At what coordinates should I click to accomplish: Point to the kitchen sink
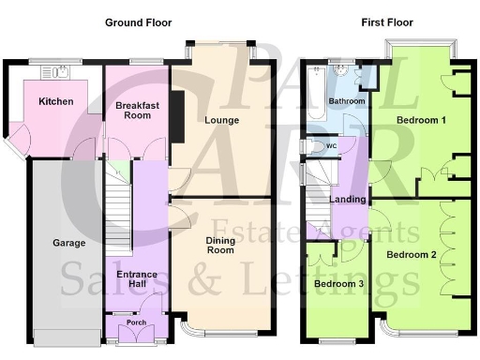(62, 71)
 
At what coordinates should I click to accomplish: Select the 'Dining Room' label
(221, 245)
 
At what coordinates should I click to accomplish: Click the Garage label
(68, 243)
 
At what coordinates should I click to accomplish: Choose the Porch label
(137, 321)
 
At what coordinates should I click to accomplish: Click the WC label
(330, 146)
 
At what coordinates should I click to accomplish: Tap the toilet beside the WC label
(311, 146)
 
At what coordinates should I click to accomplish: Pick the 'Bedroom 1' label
(420, 121)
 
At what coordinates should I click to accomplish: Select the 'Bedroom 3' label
(337, 284)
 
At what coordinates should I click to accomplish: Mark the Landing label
(348, 199)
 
